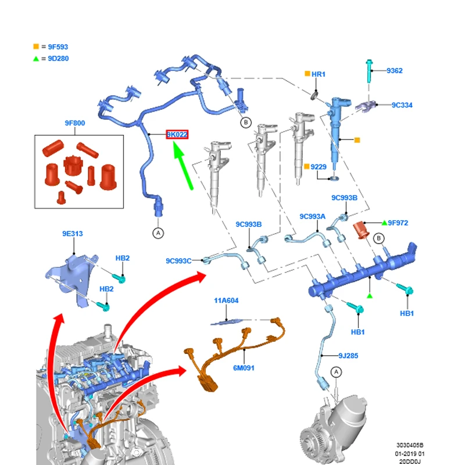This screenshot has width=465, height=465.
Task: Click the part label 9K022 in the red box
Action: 177,135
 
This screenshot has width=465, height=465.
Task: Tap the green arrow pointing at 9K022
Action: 183,165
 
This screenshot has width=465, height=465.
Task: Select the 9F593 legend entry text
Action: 58,47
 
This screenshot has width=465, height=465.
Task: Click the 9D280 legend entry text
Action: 59,59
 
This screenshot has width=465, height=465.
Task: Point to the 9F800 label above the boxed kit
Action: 75,123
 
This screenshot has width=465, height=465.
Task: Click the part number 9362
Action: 395,70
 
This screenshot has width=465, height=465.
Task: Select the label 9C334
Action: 402,105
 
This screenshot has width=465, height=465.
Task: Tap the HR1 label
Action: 319,74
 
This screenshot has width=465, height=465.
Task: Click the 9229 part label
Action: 319,167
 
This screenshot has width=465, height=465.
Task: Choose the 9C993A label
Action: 312,216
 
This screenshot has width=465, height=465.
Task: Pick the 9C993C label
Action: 178,261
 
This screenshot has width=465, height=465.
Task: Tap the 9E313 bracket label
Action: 72,234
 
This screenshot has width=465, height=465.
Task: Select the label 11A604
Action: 226,301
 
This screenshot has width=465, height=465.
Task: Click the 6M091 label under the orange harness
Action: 244,368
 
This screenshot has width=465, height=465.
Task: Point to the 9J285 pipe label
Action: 348,356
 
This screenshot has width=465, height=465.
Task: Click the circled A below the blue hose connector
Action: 158,233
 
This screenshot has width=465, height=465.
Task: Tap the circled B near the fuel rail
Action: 378,238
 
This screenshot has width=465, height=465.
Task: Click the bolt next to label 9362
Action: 369,71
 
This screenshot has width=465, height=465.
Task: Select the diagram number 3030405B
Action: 410,445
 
